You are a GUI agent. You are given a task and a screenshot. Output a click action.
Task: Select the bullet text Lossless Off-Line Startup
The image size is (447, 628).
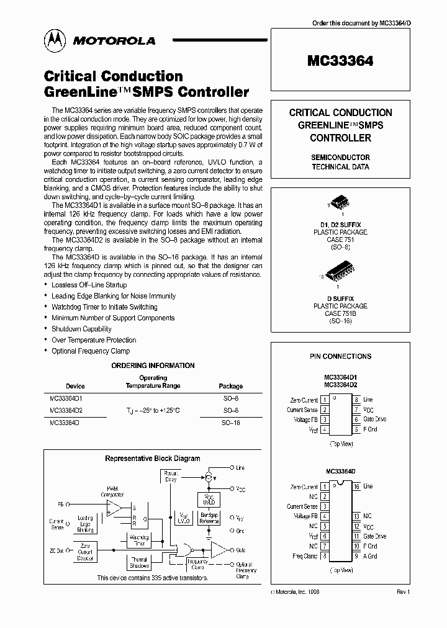click(89, 285)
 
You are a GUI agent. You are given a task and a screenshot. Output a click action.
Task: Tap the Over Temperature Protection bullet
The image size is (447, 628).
click(94, 340)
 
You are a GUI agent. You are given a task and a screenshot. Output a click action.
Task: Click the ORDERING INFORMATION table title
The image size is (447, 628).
click(153, 366)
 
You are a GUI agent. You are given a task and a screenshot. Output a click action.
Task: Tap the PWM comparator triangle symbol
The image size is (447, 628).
click(114, 508)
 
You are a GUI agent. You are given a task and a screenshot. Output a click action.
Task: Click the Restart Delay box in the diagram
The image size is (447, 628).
click(170, 476)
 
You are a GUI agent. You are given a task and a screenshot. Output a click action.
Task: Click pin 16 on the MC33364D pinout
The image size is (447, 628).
click(356, 487)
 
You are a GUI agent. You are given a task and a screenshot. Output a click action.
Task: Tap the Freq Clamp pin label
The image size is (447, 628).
click(305, 556)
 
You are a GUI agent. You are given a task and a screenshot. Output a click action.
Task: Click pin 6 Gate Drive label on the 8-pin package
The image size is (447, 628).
click(374, 419)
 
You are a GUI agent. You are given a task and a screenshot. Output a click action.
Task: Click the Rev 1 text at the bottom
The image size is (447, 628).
click(403, 593)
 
